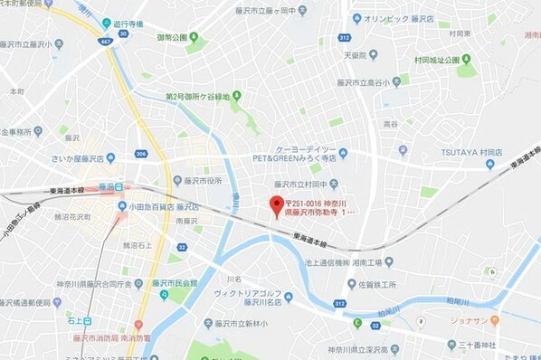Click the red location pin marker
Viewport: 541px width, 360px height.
click(x=277, y=204)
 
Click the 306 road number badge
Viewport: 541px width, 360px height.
click(x=141, y=154)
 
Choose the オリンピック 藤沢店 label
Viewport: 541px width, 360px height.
click(x=395, y=18)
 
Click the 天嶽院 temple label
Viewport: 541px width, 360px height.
click(x=356, y=55)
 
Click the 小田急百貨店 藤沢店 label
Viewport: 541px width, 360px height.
click(x=163, y=204)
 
